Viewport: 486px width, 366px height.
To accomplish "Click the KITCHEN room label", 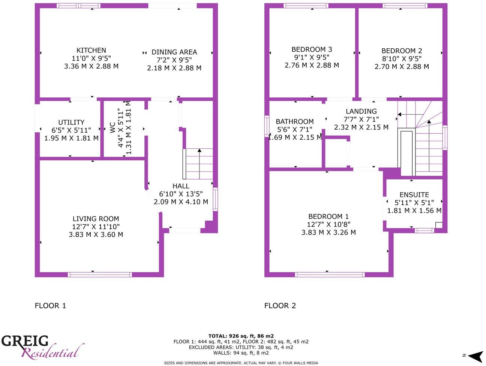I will click(91, 50).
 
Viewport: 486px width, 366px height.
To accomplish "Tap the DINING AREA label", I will click(174, 52).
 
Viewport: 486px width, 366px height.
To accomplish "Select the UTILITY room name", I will click(71, 122).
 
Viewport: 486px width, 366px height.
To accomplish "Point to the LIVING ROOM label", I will click(96, 219).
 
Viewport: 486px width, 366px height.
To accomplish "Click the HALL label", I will click(181, 186).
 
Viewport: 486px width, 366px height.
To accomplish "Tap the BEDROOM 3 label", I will click(312, 49).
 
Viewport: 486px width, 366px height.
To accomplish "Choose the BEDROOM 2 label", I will click(402, 51).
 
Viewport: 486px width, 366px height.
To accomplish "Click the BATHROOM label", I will click(295, 121).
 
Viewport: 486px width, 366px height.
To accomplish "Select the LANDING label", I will click(361, 111).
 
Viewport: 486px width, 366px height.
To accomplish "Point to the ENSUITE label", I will click(414, 194).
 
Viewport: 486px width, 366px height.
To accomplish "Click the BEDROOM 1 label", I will click(328, 216).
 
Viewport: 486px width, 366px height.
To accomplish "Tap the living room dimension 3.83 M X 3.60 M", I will click(96, 235).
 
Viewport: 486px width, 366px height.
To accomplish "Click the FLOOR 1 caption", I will click(50, 306).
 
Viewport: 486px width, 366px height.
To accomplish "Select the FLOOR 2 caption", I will click(280, 306).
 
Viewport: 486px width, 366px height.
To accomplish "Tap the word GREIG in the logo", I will click(25, 341).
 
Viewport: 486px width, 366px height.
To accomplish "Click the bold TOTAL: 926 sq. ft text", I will click(241, 336).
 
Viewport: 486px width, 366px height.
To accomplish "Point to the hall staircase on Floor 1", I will click(199, 164).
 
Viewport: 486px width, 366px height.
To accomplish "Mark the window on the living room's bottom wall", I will click(100, 275).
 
